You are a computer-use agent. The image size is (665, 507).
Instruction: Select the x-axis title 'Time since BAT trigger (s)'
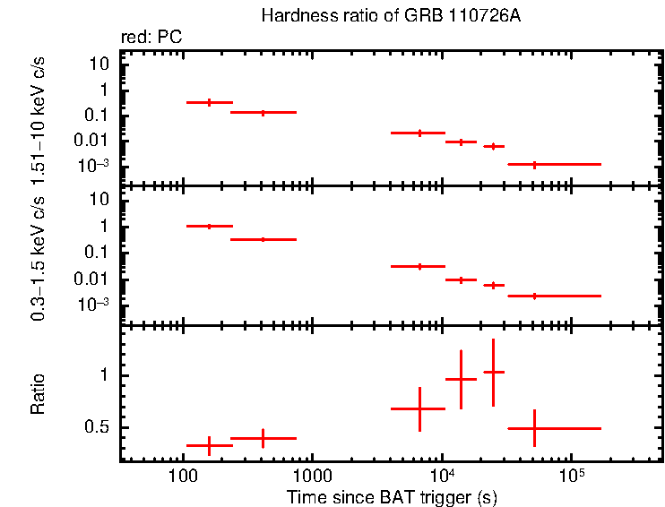pos(392,495)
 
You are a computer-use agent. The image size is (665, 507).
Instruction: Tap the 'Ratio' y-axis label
pos(39,394)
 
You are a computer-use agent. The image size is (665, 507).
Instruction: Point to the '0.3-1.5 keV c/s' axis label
pos(39,258)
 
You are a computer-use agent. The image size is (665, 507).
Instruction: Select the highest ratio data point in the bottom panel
pos(493,372)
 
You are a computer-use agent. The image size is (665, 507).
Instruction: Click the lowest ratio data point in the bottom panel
pos(209,445)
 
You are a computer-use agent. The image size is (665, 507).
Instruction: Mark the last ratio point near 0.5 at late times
pos(534,429)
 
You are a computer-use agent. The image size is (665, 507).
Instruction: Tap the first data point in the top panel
pos(209,103)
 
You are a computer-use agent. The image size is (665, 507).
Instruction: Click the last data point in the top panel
pos(534,165)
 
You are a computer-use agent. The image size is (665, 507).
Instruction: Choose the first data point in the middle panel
pos(209,227)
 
